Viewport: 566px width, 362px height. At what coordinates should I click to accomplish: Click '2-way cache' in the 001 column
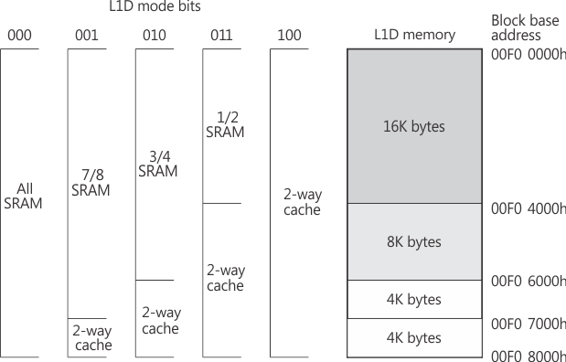pyautogui.click(x=91, y=337)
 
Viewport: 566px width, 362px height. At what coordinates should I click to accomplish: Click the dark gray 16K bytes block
pyautogui.click(x=414, y=126)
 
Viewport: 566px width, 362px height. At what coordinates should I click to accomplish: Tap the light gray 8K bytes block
pyautogui.click(x=414, y=242)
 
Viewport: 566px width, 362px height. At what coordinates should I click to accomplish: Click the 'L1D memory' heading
pyautogui.click(x=414, y=36)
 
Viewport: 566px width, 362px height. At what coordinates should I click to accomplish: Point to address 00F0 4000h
pyautogui.click(x=529, y=208)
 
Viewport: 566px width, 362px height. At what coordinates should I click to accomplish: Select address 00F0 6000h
pyautogui.click(x=529, y=281)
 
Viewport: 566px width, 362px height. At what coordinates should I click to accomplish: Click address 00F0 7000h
pyautogui.click(x=529, y=324)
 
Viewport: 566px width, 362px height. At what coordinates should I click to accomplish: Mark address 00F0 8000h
pyautogui.click(x=529, y=356)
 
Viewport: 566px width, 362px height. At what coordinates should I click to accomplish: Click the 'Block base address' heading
pyautogui.click(x=523, y=27)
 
